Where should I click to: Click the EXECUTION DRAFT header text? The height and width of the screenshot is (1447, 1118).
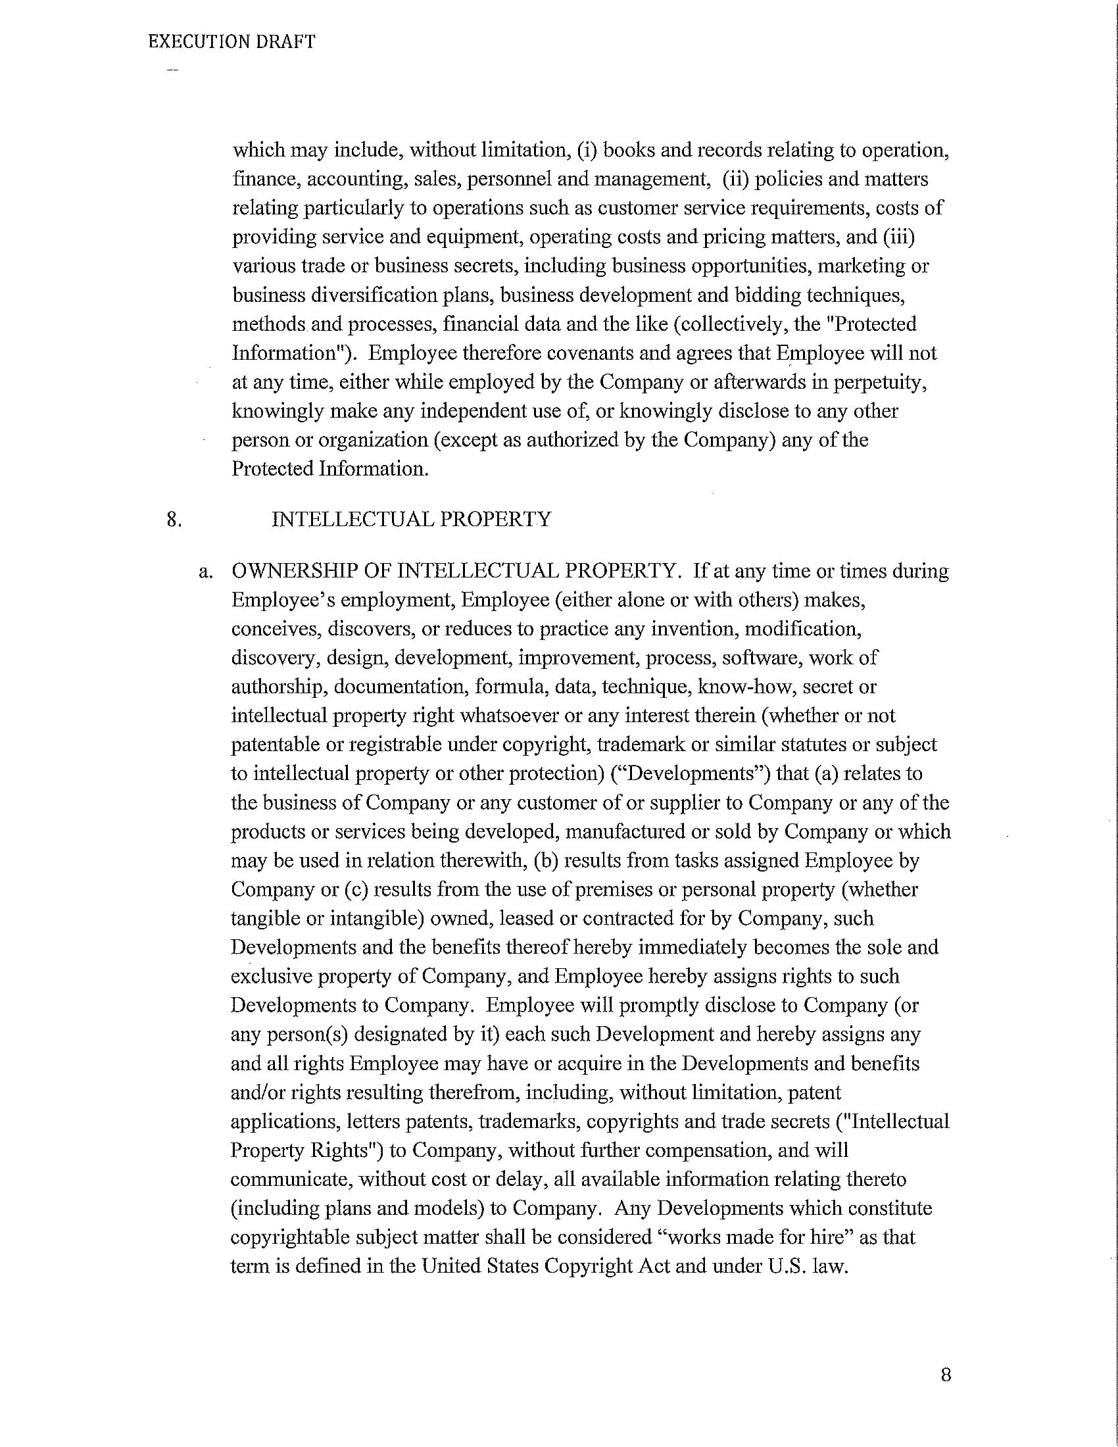coord(231,41)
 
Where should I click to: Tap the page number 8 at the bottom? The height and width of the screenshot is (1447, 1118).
coord(945,1375)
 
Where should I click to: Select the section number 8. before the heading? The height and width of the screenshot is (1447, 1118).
coord(174,519)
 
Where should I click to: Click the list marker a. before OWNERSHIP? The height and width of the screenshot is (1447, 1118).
coord(205,571)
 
